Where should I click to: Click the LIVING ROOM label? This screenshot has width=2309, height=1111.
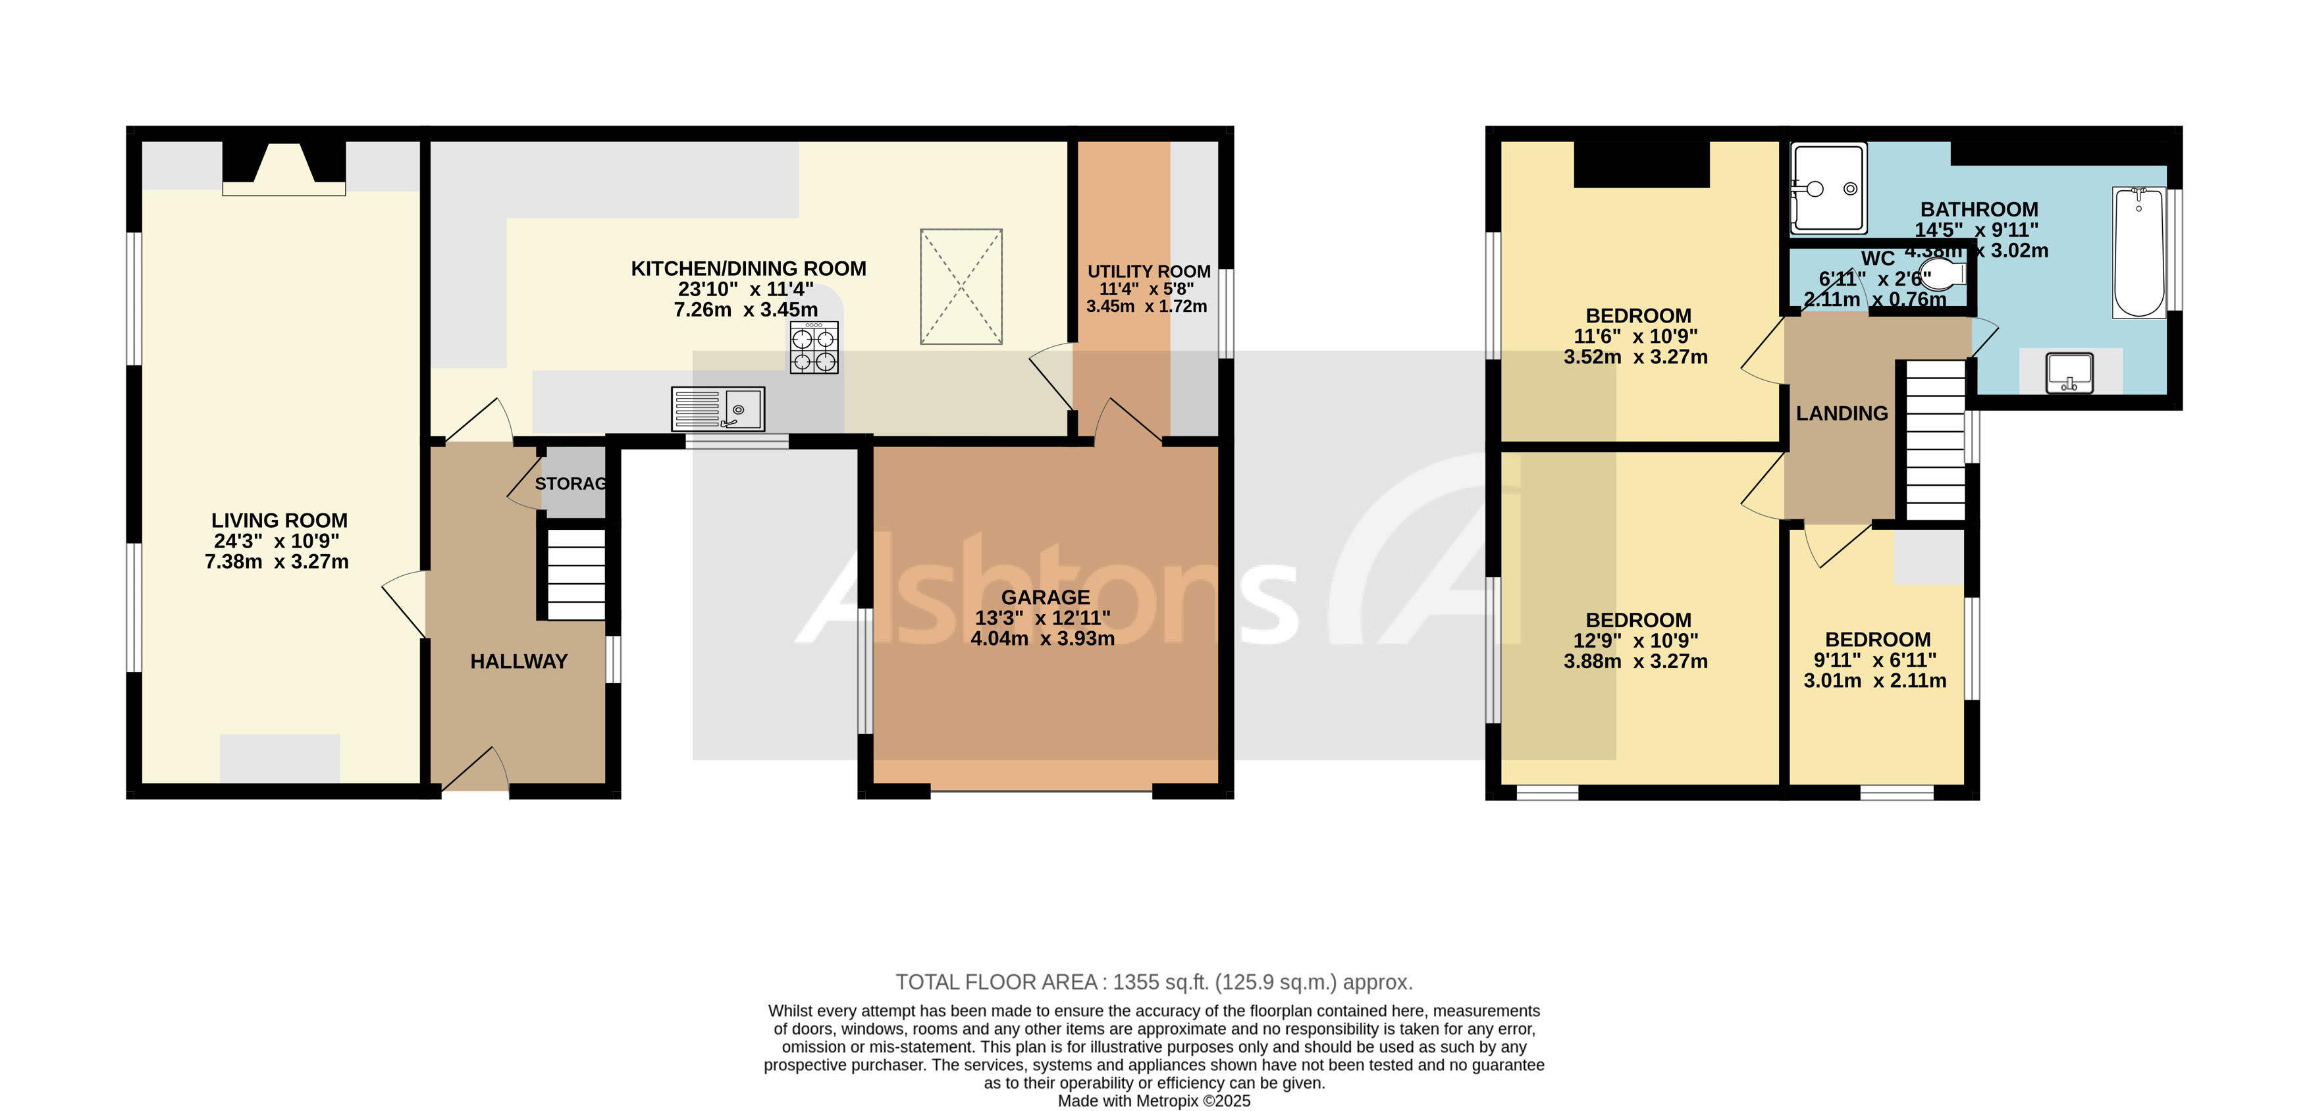point(279,521)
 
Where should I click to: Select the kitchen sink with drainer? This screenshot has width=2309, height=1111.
point(717,409)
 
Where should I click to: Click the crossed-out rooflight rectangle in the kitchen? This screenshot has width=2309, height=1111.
point(961,287)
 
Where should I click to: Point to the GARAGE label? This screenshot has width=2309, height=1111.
point(1045,598)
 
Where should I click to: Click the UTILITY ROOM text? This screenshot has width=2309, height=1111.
point(1148,271)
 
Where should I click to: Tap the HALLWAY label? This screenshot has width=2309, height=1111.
point(519,661)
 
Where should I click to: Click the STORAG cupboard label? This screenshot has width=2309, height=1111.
point(571,484)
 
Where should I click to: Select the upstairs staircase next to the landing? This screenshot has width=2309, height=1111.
point(1934,440)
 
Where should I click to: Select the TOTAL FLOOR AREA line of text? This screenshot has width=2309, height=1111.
point(1154,982)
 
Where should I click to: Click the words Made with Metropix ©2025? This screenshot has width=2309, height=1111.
point(1154,1101)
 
